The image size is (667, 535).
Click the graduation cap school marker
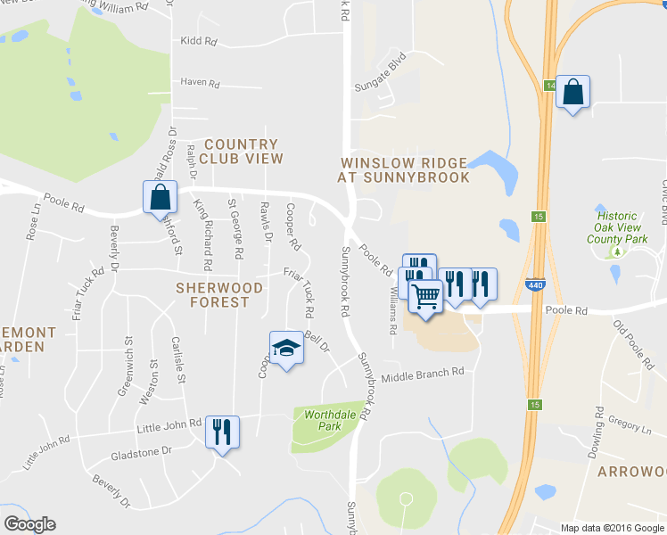pyautogui.click(x=287, y=348)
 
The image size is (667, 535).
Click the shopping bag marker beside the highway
pyautogui.click(x=572, y=91)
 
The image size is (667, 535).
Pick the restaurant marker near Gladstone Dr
pyautogui.click(x=221, y=432)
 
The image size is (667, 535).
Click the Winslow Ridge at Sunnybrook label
pyautogui.click(x=403, y=170)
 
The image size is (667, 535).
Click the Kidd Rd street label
pyautogui.click(x=198, y=41)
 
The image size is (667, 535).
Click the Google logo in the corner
pyautogui.click(x=29, y=524)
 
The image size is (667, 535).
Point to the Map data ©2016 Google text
pyautogui.click(x=613, y=528)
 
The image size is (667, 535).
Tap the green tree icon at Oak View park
pyautogui.click(x=616, y=252)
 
